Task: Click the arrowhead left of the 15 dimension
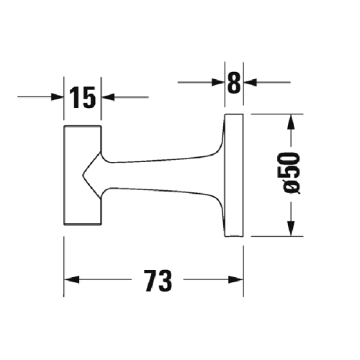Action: click(58, 97)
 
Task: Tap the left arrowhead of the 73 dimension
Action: click(72, 279)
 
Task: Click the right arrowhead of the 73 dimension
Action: click(238, 279)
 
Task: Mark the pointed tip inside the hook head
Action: click(84, 176)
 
